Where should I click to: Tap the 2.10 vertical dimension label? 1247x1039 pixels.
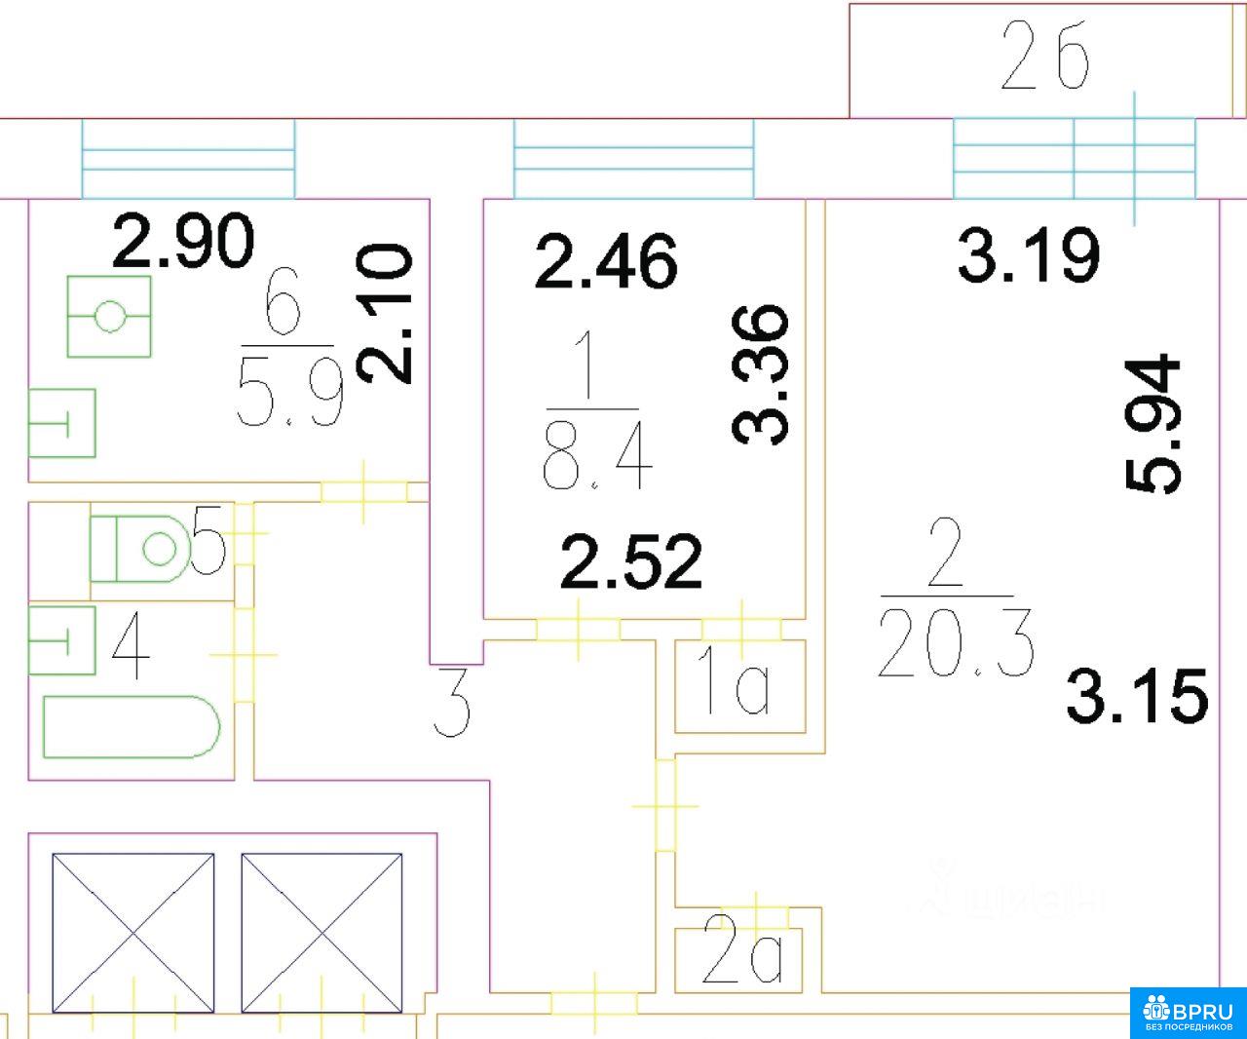pyautogui.click(x=385, y=313)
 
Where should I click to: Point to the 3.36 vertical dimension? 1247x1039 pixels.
pyautogui.click(x=760, y=374)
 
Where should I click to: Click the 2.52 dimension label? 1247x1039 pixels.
pyautogui.click(x=631, y=562)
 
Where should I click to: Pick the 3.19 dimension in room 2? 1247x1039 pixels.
pyautogui.click(x=1029, y=256)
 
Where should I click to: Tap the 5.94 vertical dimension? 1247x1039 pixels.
pyautogui.click(x=1153, y=425)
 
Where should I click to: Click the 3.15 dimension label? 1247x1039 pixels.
pyautogui.click(x=1137, y=696)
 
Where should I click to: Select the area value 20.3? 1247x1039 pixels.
pyautogui.click(x=955, y=642)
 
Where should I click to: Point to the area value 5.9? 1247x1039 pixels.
pyautogui.click(x=290, y=399)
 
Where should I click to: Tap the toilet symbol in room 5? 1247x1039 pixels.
pyautogui.click(x=142, y=549)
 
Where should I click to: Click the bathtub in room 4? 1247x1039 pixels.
pyautogui.click(x=132, y=726)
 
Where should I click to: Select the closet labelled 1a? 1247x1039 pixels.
pyautogui.click(x=738, y=687)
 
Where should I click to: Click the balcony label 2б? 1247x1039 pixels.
pyautogui.click(x=1045, y=59)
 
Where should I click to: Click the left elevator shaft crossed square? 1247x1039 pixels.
pyautogui.click(x=132, y=933)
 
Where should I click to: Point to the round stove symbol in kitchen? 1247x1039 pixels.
pyautogui.click(x=109, y=316)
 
